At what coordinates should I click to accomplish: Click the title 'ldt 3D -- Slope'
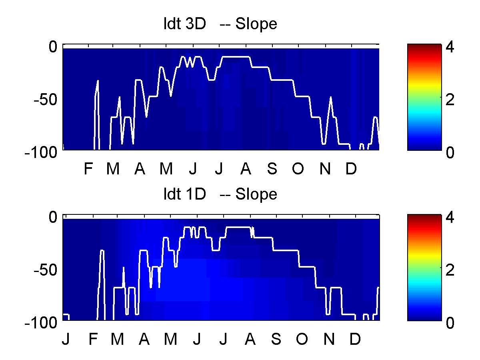220,24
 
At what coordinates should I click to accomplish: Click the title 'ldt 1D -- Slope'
220,194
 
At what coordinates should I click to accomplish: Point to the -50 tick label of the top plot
45,100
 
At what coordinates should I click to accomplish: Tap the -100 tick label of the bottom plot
41,323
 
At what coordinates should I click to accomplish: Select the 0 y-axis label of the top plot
53,46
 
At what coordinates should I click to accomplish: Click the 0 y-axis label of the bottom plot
53,217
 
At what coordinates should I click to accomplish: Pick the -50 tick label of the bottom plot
45,270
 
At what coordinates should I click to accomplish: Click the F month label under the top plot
88,168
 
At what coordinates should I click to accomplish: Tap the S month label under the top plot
272,168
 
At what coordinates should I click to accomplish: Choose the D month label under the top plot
351,168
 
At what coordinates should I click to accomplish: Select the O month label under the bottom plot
302,339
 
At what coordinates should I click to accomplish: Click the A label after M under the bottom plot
144,339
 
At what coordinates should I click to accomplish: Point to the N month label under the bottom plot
329,339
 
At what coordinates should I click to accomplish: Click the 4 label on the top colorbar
450,46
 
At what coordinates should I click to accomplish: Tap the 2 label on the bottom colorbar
450,270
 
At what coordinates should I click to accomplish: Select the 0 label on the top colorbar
450,152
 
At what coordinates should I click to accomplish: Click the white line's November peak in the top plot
331,97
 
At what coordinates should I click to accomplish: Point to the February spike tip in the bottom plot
102,250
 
